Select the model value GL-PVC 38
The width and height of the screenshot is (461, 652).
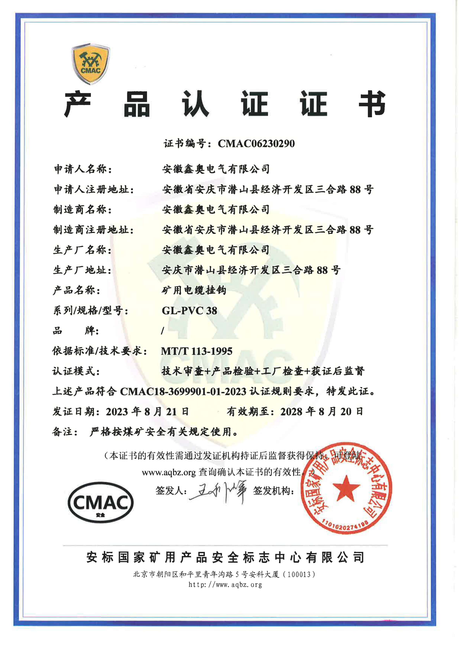tap(189, 310)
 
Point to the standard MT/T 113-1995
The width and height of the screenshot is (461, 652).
tap(196, 351)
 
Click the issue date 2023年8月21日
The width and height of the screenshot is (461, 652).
tap(147, 412)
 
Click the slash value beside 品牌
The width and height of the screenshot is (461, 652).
tap(163, 331)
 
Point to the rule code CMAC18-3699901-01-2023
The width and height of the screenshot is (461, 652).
tap(183, 392)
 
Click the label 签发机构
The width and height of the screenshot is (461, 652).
tap(273, 490)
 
